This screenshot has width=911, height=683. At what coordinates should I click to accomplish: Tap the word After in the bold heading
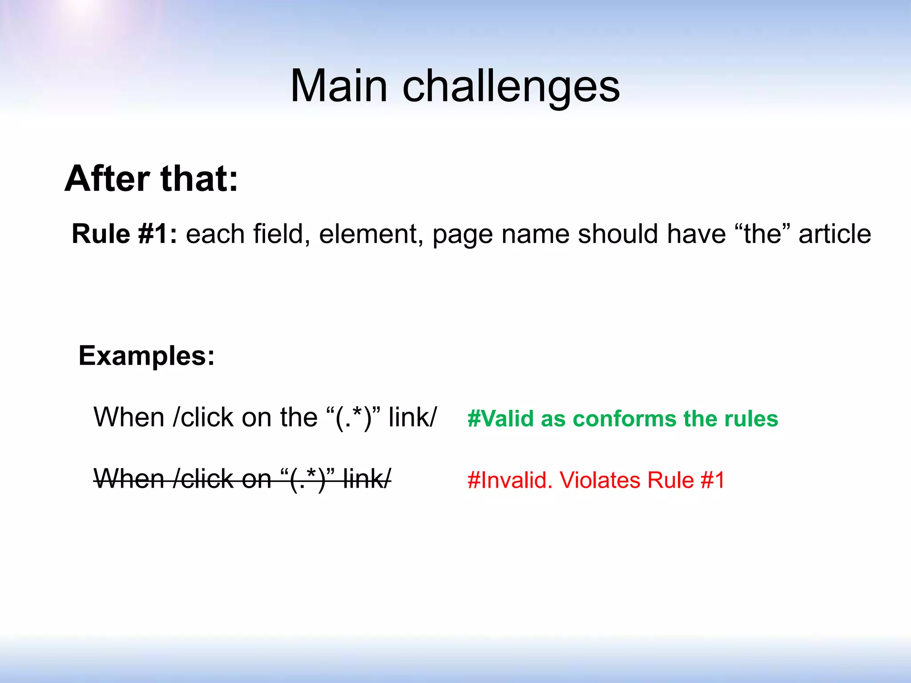(x=107, y=179)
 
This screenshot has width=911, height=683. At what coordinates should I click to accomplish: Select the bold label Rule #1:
(x=124, y=234)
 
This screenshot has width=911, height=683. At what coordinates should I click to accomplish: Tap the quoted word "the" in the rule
(x=762, y=234)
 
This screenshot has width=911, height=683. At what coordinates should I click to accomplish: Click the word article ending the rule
(x=834, y=234)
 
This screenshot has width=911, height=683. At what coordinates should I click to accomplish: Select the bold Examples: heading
(x=146, y=356)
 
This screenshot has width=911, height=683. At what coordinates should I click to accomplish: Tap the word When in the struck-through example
(x=129, y=479)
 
